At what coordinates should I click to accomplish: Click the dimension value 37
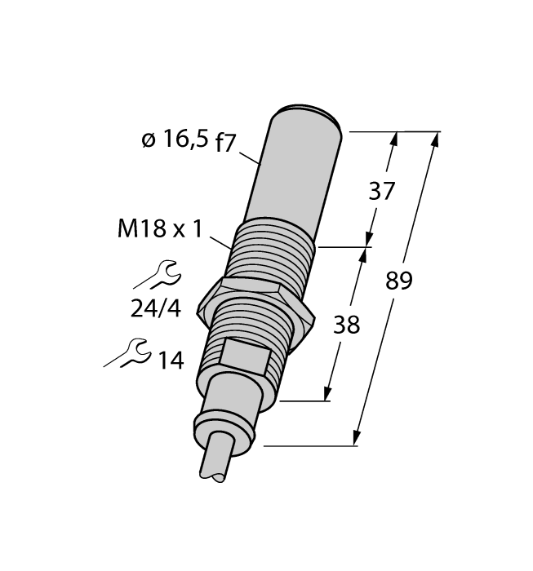[382, 191]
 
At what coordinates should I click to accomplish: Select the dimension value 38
[346, 325]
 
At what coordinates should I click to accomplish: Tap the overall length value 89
[398, 281]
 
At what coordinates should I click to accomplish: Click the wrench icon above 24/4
[155, 275]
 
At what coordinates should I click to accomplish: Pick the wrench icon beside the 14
[128, 354]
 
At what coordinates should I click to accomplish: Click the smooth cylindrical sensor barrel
[294, 171]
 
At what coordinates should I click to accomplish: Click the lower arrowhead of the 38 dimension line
[330, 393]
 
